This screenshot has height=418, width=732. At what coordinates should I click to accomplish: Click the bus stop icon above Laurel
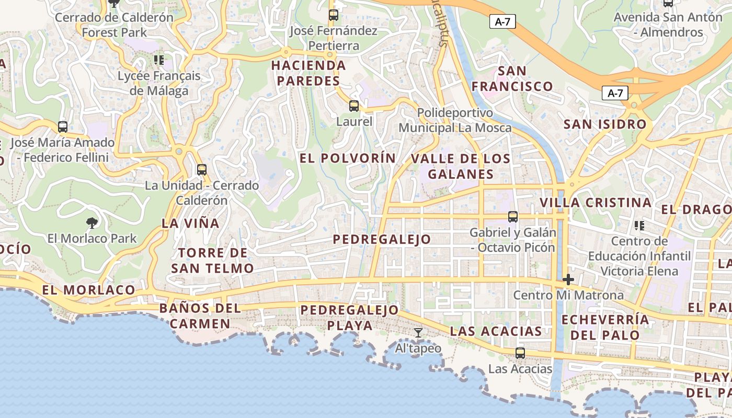click(354, 106)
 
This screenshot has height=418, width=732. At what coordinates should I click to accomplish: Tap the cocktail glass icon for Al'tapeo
click(418, 332)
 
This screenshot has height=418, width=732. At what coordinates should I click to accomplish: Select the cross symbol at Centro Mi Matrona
click(568, 280)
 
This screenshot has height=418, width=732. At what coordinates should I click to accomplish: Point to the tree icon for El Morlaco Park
click(92, 223)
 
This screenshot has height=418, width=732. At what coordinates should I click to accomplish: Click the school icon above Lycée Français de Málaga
click(159, 60)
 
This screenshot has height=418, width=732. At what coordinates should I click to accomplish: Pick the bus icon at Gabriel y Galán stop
click(513, 216)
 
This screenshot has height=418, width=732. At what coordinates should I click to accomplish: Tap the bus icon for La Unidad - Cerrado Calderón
click(202, 169)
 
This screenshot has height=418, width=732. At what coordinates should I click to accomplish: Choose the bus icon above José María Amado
click(63, 126)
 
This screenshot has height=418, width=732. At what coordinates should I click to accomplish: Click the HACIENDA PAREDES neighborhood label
click(308, 73)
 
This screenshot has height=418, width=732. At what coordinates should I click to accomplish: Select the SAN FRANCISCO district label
click(512, 78)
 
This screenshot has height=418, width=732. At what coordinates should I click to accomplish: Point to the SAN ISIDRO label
click(605, 124)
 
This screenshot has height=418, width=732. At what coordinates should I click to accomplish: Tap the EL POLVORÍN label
click(348, 158)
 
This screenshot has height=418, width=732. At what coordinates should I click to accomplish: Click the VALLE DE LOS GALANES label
click(461, 166)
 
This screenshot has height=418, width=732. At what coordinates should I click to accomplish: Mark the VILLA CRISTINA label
click(596, 203)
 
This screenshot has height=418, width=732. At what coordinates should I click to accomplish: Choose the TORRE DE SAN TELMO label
click(212, 261)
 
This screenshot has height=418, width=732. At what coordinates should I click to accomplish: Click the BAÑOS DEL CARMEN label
click(200, 316)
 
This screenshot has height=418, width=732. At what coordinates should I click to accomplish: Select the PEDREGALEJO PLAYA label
click(350, 318)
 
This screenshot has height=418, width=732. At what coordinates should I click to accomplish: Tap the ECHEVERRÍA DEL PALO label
click(605, 327)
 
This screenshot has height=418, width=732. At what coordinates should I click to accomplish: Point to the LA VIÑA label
click(190, 223)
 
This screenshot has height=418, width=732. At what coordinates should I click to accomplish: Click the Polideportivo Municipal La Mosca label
click(455, 120)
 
